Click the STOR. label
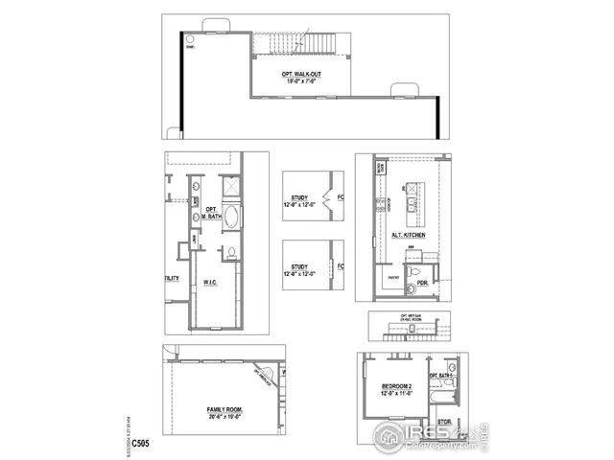click(x=444, y=421)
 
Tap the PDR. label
click(x=422, y=283)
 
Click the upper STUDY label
click(x=299, y=198)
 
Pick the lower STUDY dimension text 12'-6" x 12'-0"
click(x=300, y=274)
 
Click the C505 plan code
click(x=140, y=444)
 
